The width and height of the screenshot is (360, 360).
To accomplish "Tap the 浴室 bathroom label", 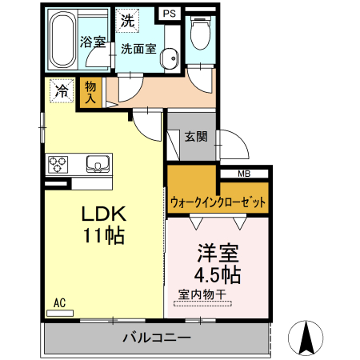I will point(94,42).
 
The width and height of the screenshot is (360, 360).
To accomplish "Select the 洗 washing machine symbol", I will point(127,22).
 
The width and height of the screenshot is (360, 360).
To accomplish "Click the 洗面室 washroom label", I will point(138,48).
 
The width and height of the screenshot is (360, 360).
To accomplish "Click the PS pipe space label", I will point(169,14).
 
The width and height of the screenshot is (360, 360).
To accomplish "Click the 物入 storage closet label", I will point(90,93).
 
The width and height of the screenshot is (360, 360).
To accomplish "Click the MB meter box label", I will point(244,174).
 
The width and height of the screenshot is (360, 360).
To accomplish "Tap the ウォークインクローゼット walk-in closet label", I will point(218,202).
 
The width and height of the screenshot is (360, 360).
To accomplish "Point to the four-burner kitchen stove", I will point(58,165).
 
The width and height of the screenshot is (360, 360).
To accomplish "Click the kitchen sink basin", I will point(98,165).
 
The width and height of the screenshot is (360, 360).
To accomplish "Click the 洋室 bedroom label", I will point(218,255).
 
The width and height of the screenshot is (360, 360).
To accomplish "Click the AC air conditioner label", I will point(59,303).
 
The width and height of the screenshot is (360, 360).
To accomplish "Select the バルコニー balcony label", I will point(157,338).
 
